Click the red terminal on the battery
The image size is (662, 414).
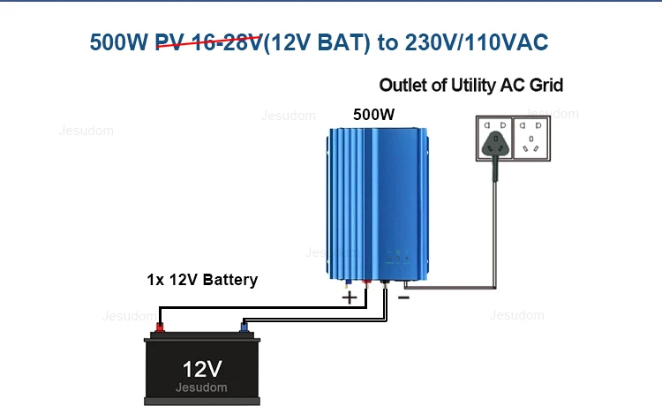160,327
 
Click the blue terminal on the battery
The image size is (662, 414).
244,327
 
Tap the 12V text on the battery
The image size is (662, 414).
202,369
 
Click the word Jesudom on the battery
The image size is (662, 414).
201,388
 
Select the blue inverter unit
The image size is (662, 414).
378,204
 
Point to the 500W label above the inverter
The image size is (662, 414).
373,115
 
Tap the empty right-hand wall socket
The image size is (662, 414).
530,139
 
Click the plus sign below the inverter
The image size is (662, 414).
350,297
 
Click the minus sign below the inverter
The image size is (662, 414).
403,298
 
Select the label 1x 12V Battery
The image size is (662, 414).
202,280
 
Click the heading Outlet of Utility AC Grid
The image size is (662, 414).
470,86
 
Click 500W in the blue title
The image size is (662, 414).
118,42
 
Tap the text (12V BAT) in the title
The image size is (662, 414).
317,42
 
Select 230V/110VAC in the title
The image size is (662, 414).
477,42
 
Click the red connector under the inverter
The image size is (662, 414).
366,283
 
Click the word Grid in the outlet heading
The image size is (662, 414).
546,86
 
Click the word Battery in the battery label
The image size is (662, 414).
230,280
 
